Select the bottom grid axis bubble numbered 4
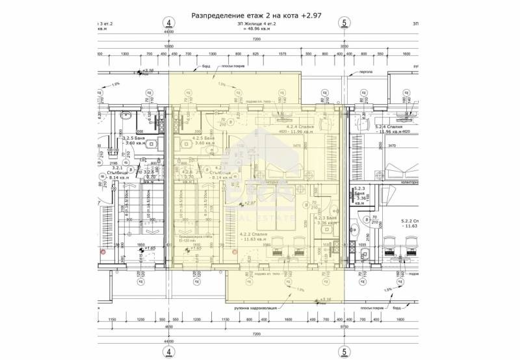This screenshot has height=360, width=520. pyautogui.click(x=169, y=352)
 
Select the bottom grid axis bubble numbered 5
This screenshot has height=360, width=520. pyautogui.click(x=344, y=352)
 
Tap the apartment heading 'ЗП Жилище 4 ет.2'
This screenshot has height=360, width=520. pyautogui.click(x=255, y=23)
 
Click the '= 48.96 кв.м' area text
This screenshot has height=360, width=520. pyautogui.click(x=255, y=29)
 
